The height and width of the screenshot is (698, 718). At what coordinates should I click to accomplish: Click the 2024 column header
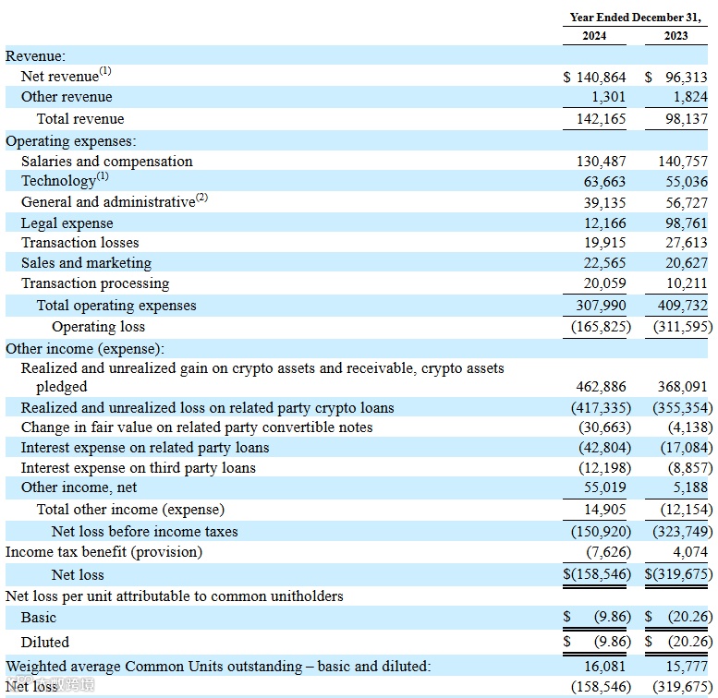tap(594, 36)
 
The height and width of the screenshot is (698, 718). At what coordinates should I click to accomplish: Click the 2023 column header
tap(676, 36)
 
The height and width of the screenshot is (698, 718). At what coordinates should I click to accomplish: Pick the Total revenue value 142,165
tap(602, 119)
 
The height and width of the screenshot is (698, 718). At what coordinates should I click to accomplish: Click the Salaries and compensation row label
tap(107, 162)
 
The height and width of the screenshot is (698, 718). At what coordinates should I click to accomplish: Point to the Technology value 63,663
tap(605, 182)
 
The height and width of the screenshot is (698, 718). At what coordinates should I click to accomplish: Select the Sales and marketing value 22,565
tap(605, 263)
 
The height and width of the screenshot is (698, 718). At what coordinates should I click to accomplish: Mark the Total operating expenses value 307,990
tap(602, 306)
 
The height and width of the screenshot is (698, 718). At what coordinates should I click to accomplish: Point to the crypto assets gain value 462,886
tap(602, 388)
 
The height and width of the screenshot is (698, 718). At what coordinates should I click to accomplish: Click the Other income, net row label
tap(79, 487)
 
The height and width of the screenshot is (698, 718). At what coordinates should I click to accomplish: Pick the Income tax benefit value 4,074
tap(690, 552)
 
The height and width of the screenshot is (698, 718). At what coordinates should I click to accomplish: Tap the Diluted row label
tap(45, 642)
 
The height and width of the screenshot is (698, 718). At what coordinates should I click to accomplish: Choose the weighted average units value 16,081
tap(605, 667)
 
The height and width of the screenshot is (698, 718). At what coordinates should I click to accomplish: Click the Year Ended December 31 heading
tap(636, 17)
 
